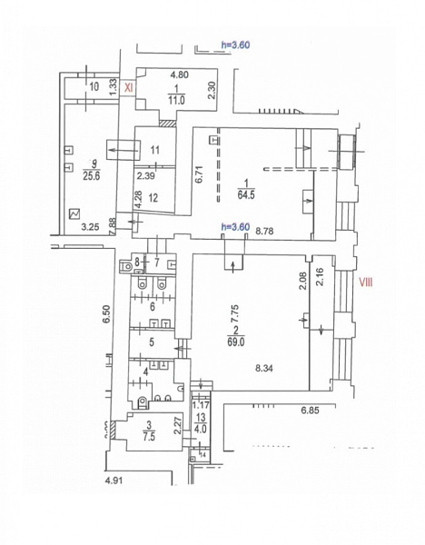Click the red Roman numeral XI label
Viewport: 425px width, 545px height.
129,88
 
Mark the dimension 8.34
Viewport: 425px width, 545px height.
265,368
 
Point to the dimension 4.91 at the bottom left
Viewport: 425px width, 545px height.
114,480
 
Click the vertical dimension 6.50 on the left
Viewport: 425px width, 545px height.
105,315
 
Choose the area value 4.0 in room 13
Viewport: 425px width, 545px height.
200,429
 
